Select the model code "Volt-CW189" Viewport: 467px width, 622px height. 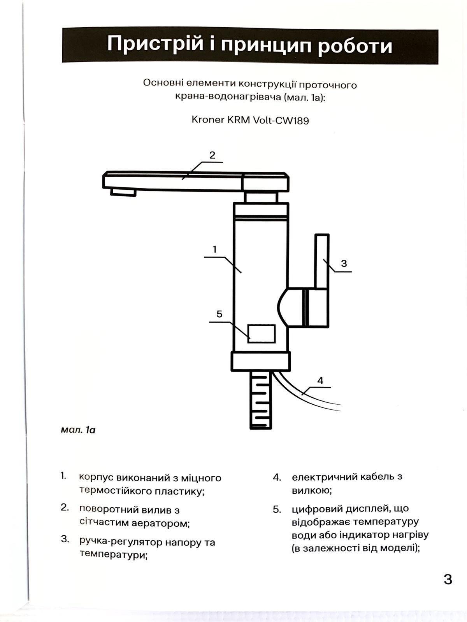click(281, 120)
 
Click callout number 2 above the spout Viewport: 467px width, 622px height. click(212, 155)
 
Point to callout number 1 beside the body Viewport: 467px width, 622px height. click(214, 249)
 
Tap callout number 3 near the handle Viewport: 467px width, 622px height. click(344, 263)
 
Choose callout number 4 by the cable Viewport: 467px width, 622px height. click(320, 380)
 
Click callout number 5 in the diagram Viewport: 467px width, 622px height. click(219, 314)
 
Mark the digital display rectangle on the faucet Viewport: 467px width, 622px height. click(262, 334)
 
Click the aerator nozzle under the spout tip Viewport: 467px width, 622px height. click(123, 192)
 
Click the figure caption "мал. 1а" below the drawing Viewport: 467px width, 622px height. click(78, 430)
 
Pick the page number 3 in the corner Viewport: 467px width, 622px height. click(448, 579)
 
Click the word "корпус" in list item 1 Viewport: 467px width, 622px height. click(96, 478)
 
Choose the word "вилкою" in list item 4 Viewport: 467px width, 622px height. click(312, 491)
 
